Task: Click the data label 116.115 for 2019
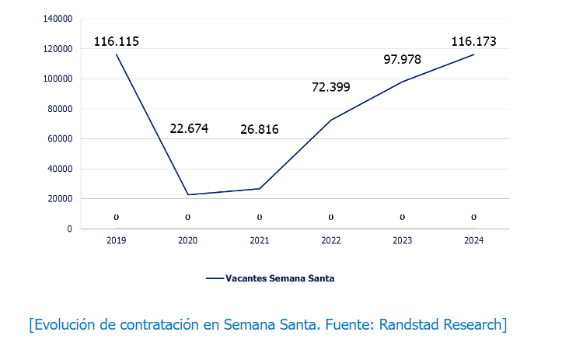coord(117,41)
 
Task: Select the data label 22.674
coord(189,128)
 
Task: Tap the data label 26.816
coord(259,129)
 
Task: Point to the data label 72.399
coord(330,87)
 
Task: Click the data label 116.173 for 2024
coord(473,41)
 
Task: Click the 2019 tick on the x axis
coord(117,241)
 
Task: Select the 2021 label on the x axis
coord(260,241)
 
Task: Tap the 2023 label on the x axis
coord(402,241)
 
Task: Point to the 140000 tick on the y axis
coord(59,19)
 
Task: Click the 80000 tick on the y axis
coord(61,109)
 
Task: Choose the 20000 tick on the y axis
coord(61,199)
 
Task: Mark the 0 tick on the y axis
coord(69,229)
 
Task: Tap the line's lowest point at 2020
coord(188,194)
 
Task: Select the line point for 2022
coord(330,120)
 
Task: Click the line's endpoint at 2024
coord(473,54)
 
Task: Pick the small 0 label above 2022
coord(331,217)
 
